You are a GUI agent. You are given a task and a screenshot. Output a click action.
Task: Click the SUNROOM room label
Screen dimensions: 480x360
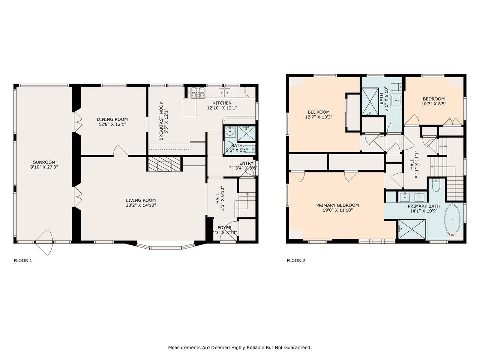coord(44,162)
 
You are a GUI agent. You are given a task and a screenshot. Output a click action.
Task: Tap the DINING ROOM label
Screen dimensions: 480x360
coord(112,119)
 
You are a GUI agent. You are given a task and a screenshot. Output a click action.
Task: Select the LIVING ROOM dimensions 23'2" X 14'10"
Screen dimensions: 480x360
coord(141,205)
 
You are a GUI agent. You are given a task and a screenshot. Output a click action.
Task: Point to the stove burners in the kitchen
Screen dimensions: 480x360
coord(198,93)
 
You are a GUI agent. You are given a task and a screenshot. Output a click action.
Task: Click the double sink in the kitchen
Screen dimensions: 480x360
coord(225,93)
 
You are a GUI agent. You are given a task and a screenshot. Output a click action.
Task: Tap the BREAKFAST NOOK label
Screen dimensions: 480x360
coord(161,121)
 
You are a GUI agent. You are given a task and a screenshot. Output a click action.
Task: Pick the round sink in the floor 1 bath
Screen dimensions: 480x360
coord(230,132)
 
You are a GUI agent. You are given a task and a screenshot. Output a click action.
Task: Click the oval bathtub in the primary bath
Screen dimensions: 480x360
coord(452,220)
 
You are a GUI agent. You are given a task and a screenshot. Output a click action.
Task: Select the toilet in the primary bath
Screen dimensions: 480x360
coord(436,186)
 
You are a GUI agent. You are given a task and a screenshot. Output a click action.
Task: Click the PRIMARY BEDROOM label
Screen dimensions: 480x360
coord(337,205)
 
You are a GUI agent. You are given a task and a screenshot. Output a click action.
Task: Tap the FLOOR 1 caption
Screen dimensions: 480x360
coord(23,261)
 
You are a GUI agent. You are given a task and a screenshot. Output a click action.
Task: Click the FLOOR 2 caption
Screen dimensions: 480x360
coord(295,261)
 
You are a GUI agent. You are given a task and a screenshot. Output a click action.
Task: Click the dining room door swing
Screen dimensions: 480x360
coord(120,150)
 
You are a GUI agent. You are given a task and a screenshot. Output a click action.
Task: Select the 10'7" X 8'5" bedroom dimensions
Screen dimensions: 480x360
coord(433,103)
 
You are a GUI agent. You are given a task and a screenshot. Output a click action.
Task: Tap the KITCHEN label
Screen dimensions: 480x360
coord(222,103)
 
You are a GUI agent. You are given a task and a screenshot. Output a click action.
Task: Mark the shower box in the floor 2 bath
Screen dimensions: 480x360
coord(370,101)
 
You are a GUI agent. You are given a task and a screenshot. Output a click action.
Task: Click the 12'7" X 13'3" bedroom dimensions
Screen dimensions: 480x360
coord(319,117)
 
